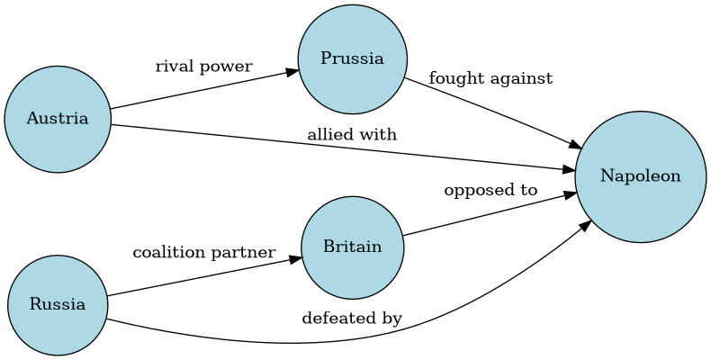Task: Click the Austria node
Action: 58,119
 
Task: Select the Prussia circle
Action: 352,59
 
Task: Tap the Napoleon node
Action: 640,176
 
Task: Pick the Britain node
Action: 352,247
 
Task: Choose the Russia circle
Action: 58,304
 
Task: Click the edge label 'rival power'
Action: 203,67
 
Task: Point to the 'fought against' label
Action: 490,79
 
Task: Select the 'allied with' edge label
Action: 352,135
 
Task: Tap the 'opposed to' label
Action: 490,191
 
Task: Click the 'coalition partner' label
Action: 203,253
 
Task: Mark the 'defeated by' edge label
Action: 352,319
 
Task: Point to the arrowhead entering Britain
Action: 295,259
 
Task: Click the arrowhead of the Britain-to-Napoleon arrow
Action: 571,193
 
